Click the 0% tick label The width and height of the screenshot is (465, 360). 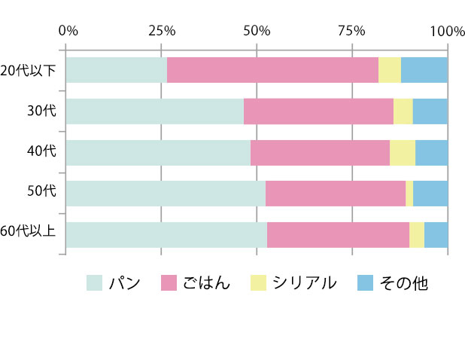pyautogui.click(x=68, y=31)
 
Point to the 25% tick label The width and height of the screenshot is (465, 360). pyautogui.click(x=162, y=31)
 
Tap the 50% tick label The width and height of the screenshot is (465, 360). pyautogui.click(x=257, y=31)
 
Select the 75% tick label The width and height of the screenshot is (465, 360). pyautogui.click(x=351, y=31)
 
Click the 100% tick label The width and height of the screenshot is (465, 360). pyautogui.click(x=447, y=31)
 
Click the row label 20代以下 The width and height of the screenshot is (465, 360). pyautogui.click(x=29, y=70)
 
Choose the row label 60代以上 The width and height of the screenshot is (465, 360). pyautogui.click(x=28, y=234)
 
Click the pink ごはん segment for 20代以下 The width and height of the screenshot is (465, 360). pyautogui.click(x=272, y=70)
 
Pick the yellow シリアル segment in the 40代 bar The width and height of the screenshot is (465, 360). pyautogui.click(x=403, y=152)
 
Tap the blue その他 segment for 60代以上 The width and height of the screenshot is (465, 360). pyautogui.click(x=436, y=234)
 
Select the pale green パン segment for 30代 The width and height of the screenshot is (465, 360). pyautogui.click(x=155, y=111)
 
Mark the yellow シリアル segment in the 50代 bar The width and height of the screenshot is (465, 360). pyautogui.click(x=409, y=193)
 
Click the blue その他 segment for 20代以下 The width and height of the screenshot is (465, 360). pyautogui.click(x=424, y=70)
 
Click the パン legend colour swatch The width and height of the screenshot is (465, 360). pyautogui.click(x=94, y=283)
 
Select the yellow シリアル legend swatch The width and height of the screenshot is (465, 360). pyautogui.click(x=257, y=283)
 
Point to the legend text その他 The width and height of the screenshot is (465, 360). pyautogui.click(x=404, y=283)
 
